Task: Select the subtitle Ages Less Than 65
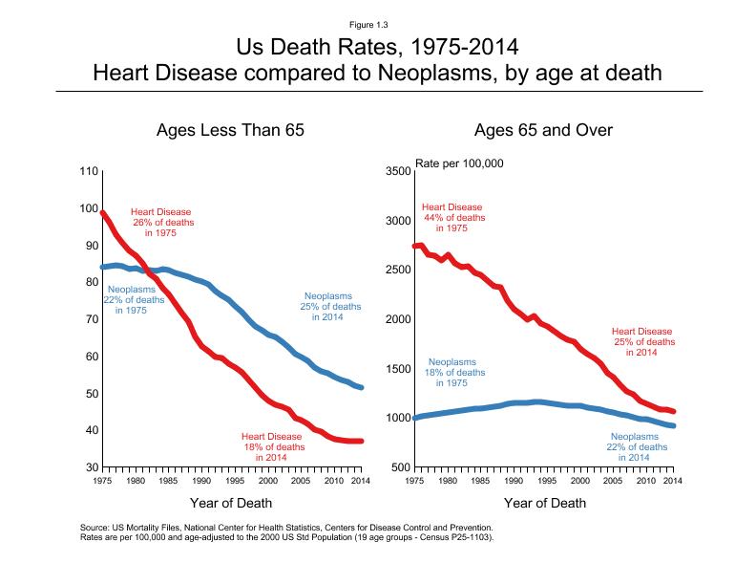(x=230, y=130)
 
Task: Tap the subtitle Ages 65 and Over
(x=542, y=130)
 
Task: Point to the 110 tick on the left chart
(x=87, y=171)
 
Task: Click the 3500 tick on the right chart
(x=397, y=171)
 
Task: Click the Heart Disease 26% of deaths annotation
(x=161, y=222)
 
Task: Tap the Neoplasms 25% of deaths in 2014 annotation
(x=330, y=307)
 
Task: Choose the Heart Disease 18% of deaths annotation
(x=274, y=446)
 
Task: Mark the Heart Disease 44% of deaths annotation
(x=452, y=217)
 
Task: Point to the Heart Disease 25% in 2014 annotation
(x=642, y=341)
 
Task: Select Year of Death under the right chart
(x=544, y=503)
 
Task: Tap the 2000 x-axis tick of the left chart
(x=266, y=481)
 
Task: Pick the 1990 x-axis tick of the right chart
(x=512, y=481)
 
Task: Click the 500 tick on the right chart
(x=400, y=467)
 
